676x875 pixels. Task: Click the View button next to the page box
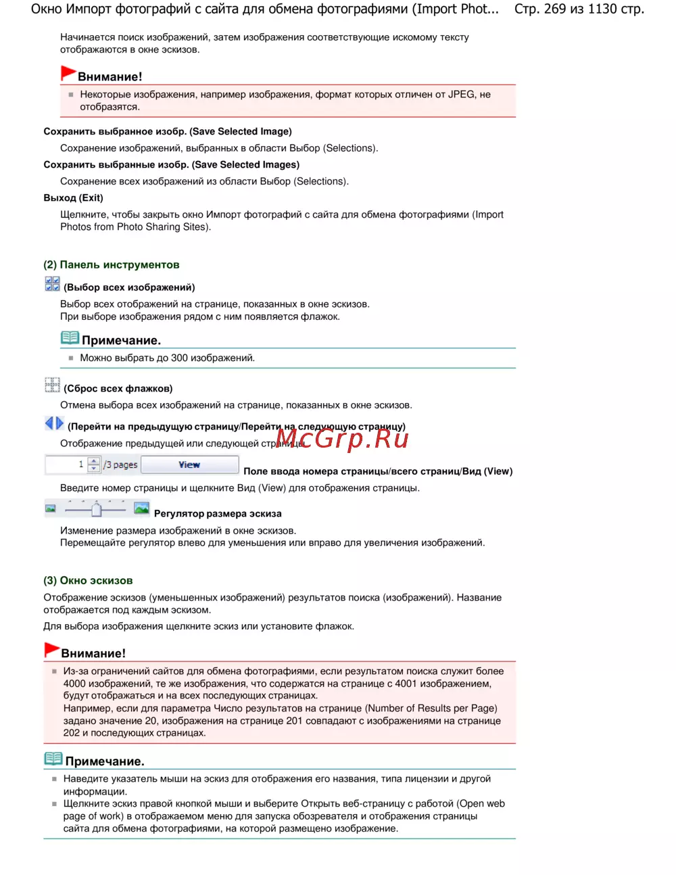coord(189,465)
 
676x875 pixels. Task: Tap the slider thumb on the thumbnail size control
coord(96,509)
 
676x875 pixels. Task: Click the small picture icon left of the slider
coord(51,509)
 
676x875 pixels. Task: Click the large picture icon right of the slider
coord(141,508)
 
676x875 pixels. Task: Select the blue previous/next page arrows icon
coord(54,423)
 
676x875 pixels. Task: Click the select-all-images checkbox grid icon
coord(52,284)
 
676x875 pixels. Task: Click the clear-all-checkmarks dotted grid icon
coord(52,385)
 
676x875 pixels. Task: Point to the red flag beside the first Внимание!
coord(68,73)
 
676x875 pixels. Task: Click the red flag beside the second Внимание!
coord(51,650)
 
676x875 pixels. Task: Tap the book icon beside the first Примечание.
coord(70,337)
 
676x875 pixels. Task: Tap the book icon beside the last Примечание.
coord(53,759)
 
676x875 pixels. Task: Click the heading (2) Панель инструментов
coord(112,265)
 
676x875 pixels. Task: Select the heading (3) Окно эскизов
coord(88,581)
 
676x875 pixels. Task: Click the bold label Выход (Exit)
coord(73,198)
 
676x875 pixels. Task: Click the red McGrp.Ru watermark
coord(342,439)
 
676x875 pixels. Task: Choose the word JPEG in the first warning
coord(462,95)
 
